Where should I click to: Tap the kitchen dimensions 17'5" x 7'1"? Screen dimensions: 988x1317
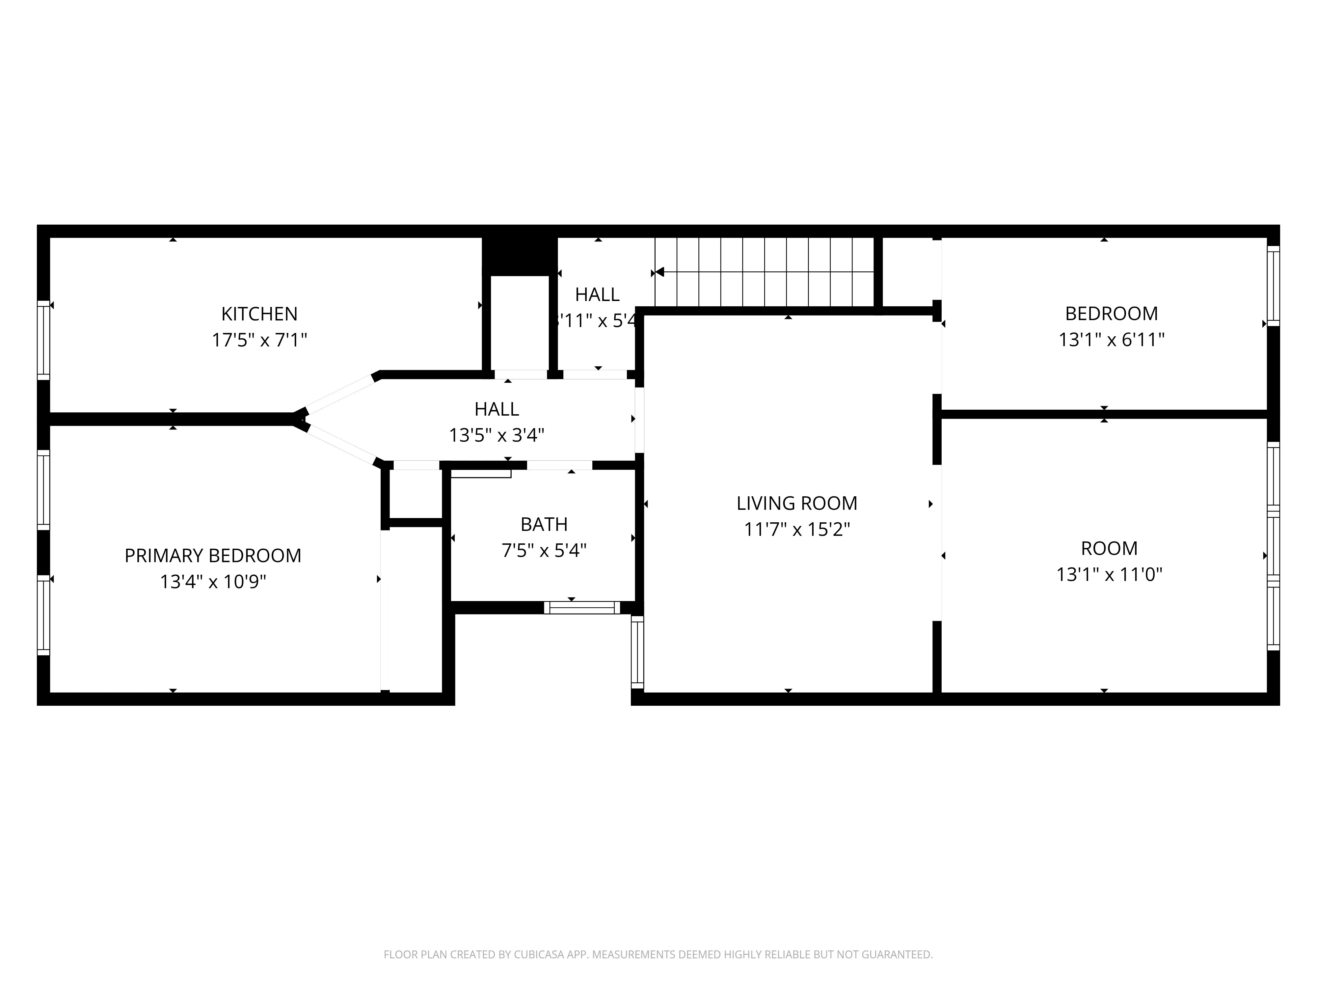pos(259,340)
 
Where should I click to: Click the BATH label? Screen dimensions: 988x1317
pos(544,524)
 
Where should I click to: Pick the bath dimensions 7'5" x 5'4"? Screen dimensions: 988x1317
pos(544,550)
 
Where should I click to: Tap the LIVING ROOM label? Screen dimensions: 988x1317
pos(797,503)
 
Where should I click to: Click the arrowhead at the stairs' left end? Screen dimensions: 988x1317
pos(658,272)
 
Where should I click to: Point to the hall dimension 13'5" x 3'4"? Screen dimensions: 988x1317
pos(497,435)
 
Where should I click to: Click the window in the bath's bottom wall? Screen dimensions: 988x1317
pos(582,607)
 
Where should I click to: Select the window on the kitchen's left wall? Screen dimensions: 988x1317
pos(43,340)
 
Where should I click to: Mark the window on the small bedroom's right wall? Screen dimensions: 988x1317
pos(1273,286)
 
